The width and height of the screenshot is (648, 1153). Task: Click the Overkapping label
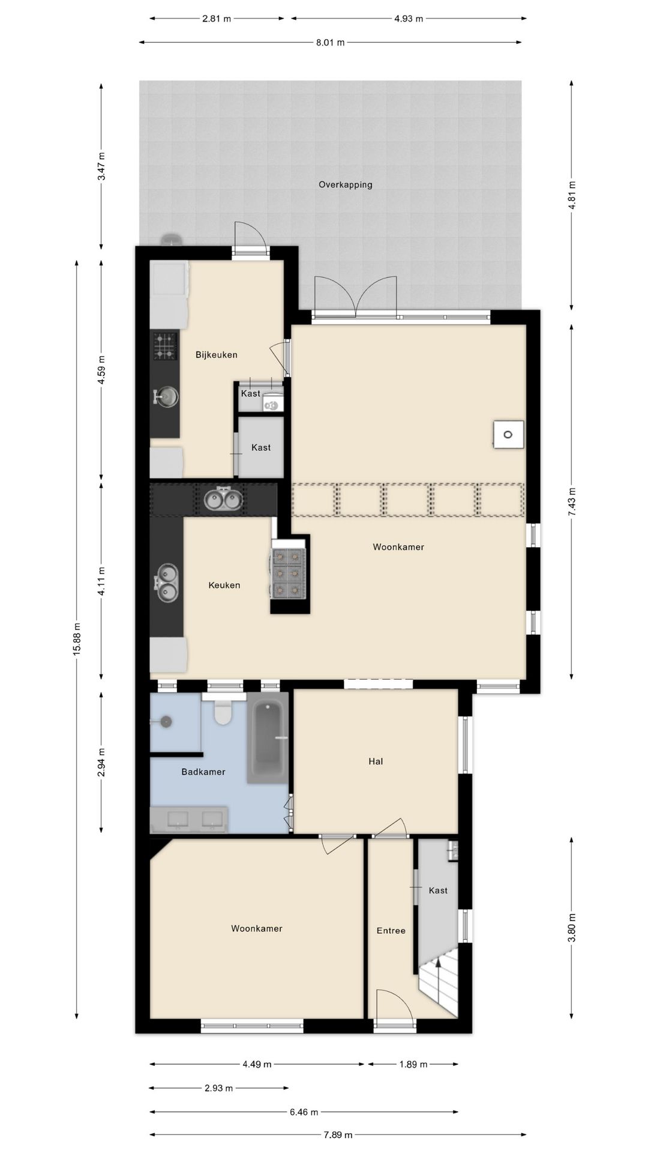[x=345, y=185]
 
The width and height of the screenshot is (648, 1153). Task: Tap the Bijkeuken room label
[x=217, y=355]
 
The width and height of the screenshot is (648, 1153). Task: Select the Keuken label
[x=224, y=585]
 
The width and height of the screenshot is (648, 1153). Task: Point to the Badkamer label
[x=203, y=772]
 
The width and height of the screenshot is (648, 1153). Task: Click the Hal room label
[x=376, y=761]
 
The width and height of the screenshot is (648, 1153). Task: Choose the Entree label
[x=391, y=931]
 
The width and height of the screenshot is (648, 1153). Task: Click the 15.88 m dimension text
[x=77, y=639]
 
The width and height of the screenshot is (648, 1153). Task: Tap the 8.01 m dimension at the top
[x=330, y=43]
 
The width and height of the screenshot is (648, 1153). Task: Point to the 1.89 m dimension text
[x=413, y=1065]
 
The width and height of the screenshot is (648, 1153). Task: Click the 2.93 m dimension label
[x=218, y=1088]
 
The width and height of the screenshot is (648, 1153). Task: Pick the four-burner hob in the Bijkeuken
[x=165, y=346]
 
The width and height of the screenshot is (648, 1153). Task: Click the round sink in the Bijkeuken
[x=167, y=396]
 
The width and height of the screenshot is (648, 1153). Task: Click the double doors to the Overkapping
[x=356, y=296]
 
